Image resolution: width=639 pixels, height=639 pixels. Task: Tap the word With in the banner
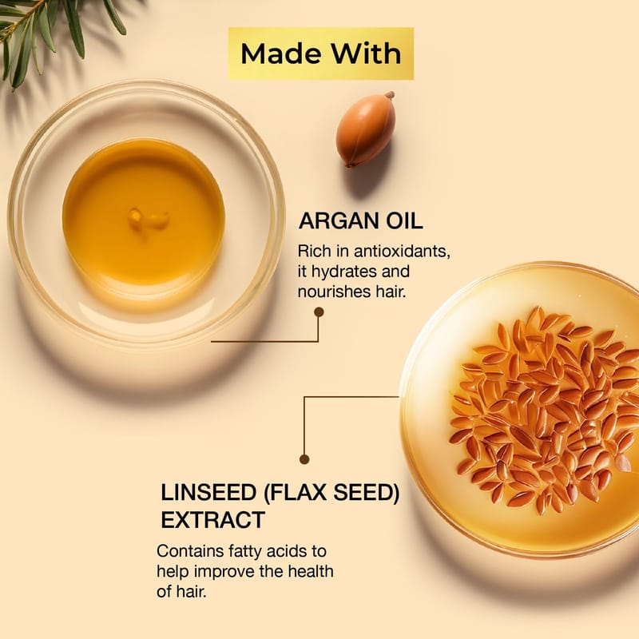coord(366,54)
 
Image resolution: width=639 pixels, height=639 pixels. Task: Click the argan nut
coord(366,129)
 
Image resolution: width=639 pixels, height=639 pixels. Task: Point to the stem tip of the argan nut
coord(391,94)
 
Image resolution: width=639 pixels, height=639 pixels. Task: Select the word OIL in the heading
coord(404,221)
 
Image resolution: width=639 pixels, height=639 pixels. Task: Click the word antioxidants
coord(402,251)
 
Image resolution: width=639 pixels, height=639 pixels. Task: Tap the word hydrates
coord(346,272)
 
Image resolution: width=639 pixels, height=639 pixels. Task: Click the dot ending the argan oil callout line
coord(319,312)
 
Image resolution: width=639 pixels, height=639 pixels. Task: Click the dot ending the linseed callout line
coord(304,460)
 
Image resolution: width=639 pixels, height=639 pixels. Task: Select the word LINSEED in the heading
coord(208,493)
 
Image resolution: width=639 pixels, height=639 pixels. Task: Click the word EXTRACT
coord(212,520)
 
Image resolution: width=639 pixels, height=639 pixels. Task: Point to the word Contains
coord(190,551)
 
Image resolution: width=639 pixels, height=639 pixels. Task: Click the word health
coord(311,571)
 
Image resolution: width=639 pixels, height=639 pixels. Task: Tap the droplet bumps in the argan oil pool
coord(148,219)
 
